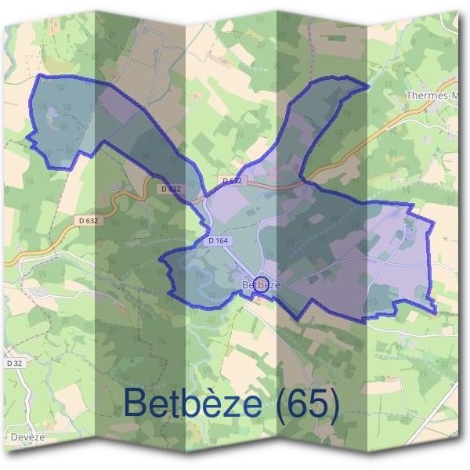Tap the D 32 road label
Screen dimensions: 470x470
[x=14, y=363]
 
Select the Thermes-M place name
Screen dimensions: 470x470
[x=431, y=96]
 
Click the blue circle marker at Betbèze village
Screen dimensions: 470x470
[x=262, y=284]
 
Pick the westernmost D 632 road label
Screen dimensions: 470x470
[x=89, y=221]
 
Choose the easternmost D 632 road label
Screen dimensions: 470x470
[x=233, y=180]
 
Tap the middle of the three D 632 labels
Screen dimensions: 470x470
[x=170, y=189]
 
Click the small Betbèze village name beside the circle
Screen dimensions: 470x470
[x=261, y=284]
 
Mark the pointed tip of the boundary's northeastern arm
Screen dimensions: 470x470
[x=367, y=85]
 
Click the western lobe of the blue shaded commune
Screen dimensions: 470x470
[x=67, y=117]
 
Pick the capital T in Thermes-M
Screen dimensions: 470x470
[x=410, y=96]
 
